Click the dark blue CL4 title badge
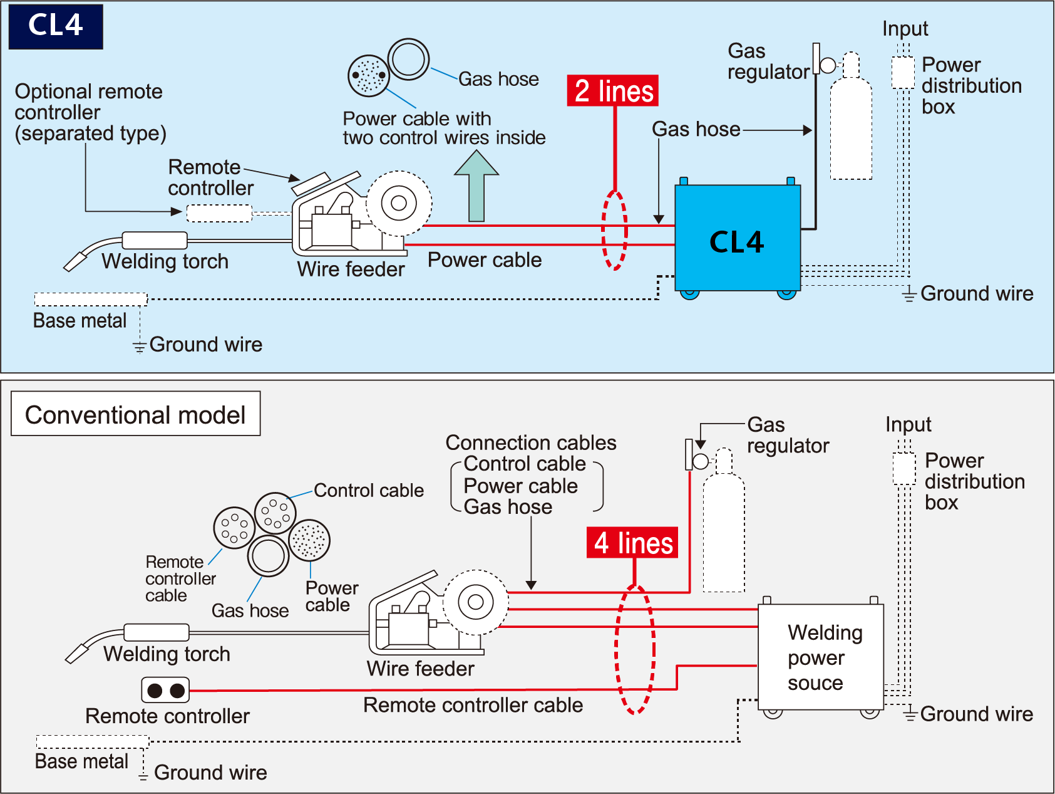coord(56,26)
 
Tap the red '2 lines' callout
coord(613,91)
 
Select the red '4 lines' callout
coord(632,543)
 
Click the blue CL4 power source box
coord(737,239)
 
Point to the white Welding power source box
coord(820,657)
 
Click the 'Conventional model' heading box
coord(135,414)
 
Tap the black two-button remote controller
coord(165,690)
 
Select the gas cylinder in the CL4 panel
coord(851,125)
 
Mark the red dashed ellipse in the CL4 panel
coord(614,230)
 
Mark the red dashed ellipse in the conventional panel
coord(636,649)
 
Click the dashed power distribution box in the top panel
coord(903,73)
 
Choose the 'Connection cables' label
coord(531,443)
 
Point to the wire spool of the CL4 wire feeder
coord(399,203)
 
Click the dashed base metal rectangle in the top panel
coord(91,299)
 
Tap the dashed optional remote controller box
coord(219,213)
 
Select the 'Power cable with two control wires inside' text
coord(444,128)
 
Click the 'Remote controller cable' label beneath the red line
coord(473,705)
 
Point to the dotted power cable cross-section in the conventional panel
coord(309,540)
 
